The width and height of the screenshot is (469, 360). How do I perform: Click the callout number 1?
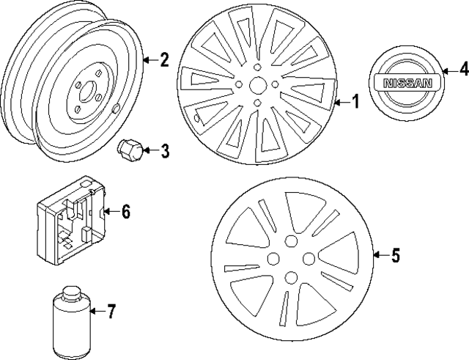pos(355,103)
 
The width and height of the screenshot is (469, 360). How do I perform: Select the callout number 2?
pos(164,60)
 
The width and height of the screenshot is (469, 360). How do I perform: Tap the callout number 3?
pos(164,151)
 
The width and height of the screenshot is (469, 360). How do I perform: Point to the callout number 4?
pos(462,71)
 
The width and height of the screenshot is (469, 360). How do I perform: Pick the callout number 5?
pos(395,255)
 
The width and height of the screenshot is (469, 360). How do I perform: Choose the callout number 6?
pos(125,212)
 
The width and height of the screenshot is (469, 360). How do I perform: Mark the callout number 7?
pos(111,312)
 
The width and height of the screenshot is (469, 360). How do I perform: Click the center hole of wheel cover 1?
pos(258,87)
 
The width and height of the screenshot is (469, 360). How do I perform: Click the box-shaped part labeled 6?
pos(70,219)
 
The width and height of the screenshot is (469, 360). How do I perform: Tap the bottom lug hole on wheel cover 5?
pos(292,276)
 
